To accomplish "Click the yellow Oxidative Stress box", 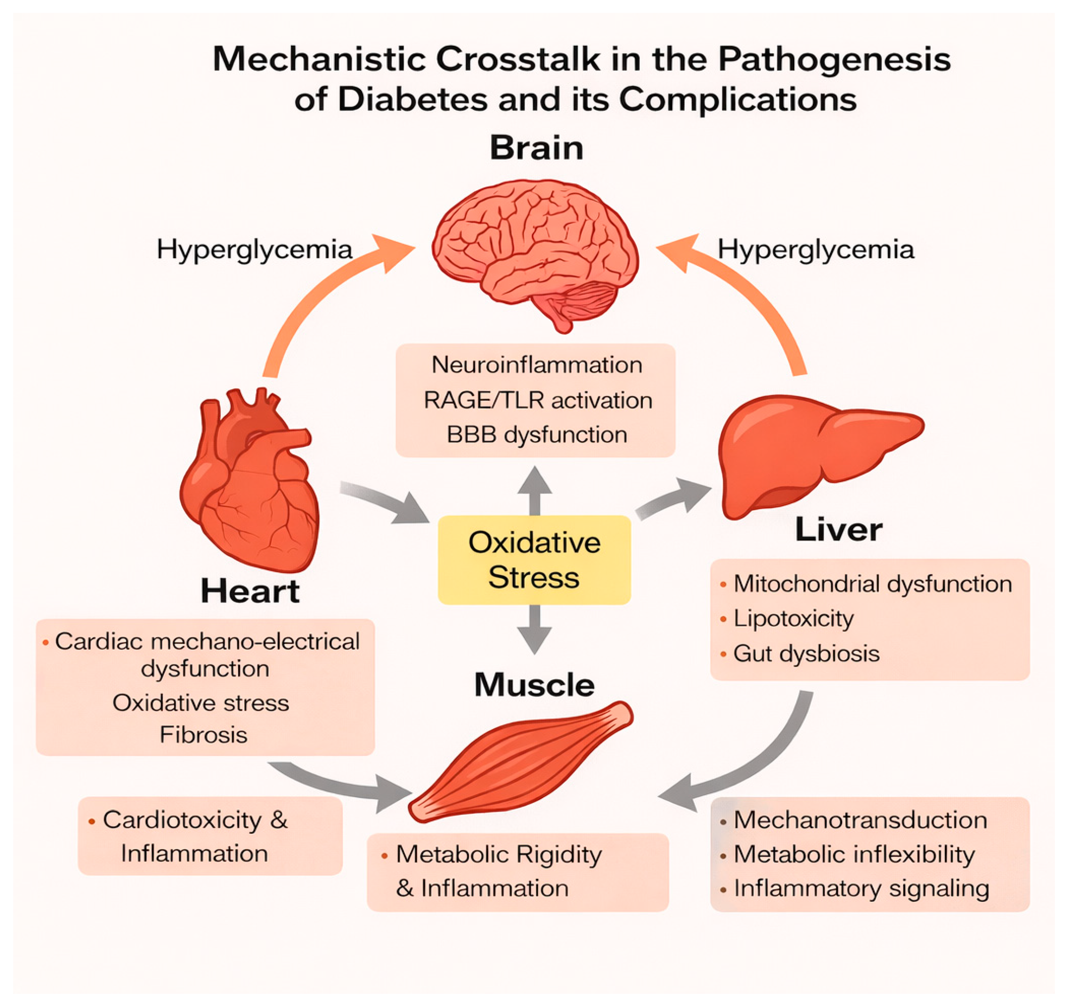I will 534,559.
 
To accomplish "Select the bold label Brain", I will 536,148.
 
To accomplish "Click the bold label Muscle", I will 534,685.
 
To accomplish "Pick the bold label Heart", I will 250,591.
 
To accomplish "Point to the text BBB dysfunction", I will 536,435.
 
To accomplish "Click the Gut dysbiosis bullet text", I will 806,653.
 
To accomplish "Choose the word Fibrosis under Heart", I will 203,735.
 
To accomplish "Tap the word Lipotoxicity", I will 793,618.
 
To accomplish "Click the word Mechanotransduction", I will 860,820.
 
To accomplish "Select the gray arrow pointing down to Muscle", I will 534,628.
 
